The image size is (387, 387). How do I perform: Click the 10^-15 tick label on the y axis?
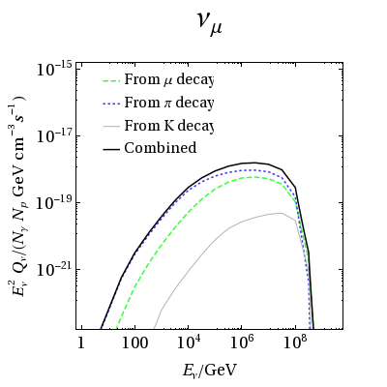point(54,69)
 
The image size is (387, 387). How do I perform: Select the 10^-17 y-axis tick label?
point(54,135)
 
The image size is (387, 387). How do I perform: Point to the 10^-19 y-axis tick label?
point(54,202)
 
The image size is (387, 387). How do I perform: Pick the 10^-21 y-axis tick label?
point(54,269)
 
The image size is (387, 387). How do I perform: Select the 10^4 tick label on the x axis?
point(190,342)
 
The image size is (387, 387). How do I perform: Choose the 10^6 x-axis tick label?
point(244,342)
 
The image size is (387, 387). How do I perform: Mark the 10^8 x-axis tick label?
point(298,342)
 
